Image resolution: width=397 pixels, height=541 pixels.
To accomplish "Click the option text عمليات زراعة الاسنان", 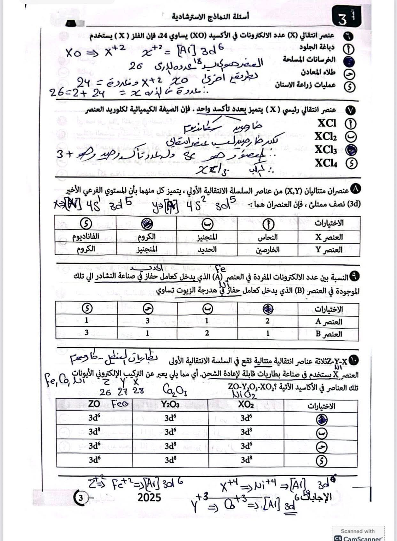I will pyautogui.click(x=305, y=85).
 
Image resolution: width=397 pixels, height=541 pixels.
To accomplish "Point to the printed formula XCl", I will pyautogui.click(x=327, y=123).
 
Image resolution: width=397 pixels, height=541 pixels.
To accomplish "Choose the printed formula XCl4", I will pyautogui.click(x=326, y=163).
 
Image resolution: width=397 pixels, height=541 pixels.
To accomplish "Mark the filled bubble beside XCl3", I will pyautogui.click(x=351, y=150).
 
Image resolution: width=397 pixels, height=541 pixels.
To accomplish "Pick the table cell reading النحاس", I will pyautogui.click(x=268, y=237).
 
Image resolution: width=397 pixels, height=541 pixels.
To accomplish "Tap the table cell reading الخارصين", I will pyautogui.click(x=268, y=250).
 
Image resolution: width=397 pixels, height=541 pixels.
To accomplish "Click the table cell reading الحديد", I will pyautogui.click(x=207, y=249).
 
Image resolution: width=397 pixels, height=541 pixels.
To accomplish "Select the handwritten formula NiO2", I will pyautogui.click(x=244, y=395).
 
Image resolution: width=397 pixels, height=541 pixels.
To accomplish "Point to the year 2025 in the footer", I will pyautogui.click(x=149, y=497).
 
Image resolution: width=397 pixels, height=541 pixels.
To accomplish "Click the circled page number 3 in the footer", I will pyautogui.click(x=81, y=498).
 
